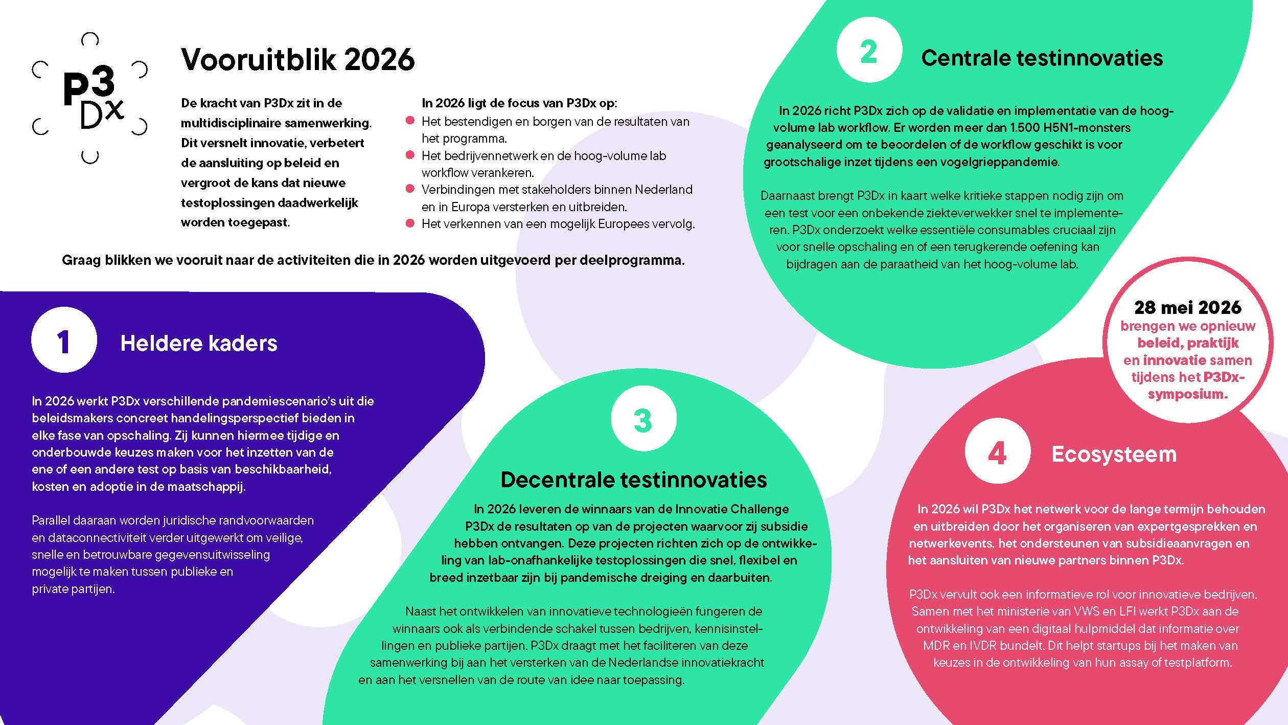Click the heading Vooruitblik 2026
pos(297,59)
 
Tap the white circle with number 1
pos(64,341)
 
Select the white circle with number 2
pos(869,50)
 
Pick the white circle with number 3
pos(643,419)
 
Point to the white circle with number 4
pos(997,451)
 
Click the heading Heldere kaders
pos(199,343)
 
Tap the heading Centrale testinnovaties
pos(1042,58)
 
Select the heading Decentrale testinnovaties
pos(633,479)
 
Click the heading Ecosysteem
pos(1114,454)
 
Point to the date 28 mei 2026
pos(1187,307)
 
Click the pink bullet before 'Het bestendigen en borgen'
pos(410,121)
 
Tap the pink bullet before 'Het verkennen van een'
pos(410,223)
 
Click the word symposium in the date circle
pos(1187,394)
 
